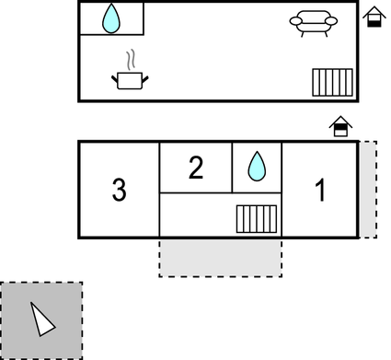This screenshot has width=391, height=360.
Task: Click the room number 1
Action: pyautogui.click(x=320, y=191)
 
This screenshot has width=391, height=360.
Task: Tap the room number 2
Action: pyautogui.click(x=195, y=168)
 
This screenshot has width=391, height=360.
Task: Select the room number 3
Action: pyautogui.click(x=119, y=191)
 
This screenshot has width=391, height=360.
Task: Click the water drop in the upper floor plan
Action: pyautogui.click(x=110, y=17)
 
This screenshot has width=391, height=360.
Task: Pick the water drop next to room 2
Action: pyautogui.click(x=257, y=167)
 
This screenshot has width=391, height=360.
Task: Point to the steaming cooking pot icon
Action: pyautogui.click(x=130, y=80)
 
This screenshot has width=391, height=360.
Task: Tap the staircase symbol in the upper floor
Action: pyautogui.click(x=332, y=82)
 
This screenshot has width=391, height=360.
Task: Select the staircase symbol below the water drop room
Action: pyautogui.click(x=257, y=218)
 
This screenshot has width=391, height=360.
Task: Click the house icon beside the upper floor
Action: pyautogui.click(x=373, y=17)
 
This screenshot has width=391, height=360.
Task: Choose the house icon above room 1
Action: pyautogui.click(x=340, y=127)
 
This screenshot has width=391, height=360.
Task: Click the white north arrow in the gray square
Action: pyautogui.click(x=41, y=319)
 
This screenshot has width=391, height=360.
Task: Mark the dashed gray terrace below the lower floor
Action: pyautogui.click(x=221, y=258)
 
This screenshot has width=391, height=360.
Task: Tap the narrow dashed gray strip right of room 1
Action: pyautogui.click(x=367, y=190)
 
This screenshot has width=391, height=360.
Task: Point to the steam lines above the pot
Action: pyautogui.click(x=131, y=59)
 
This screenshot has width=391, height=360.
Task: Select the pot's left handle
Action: pyautogui.click(x=116, y=80)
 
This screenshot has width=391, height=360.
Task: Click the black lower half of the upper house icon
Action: pyautogui.click(x=373, y=21)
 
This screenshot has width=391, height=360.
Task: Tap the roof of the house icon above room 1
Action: pyautogui.click(x=340, y=121)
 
